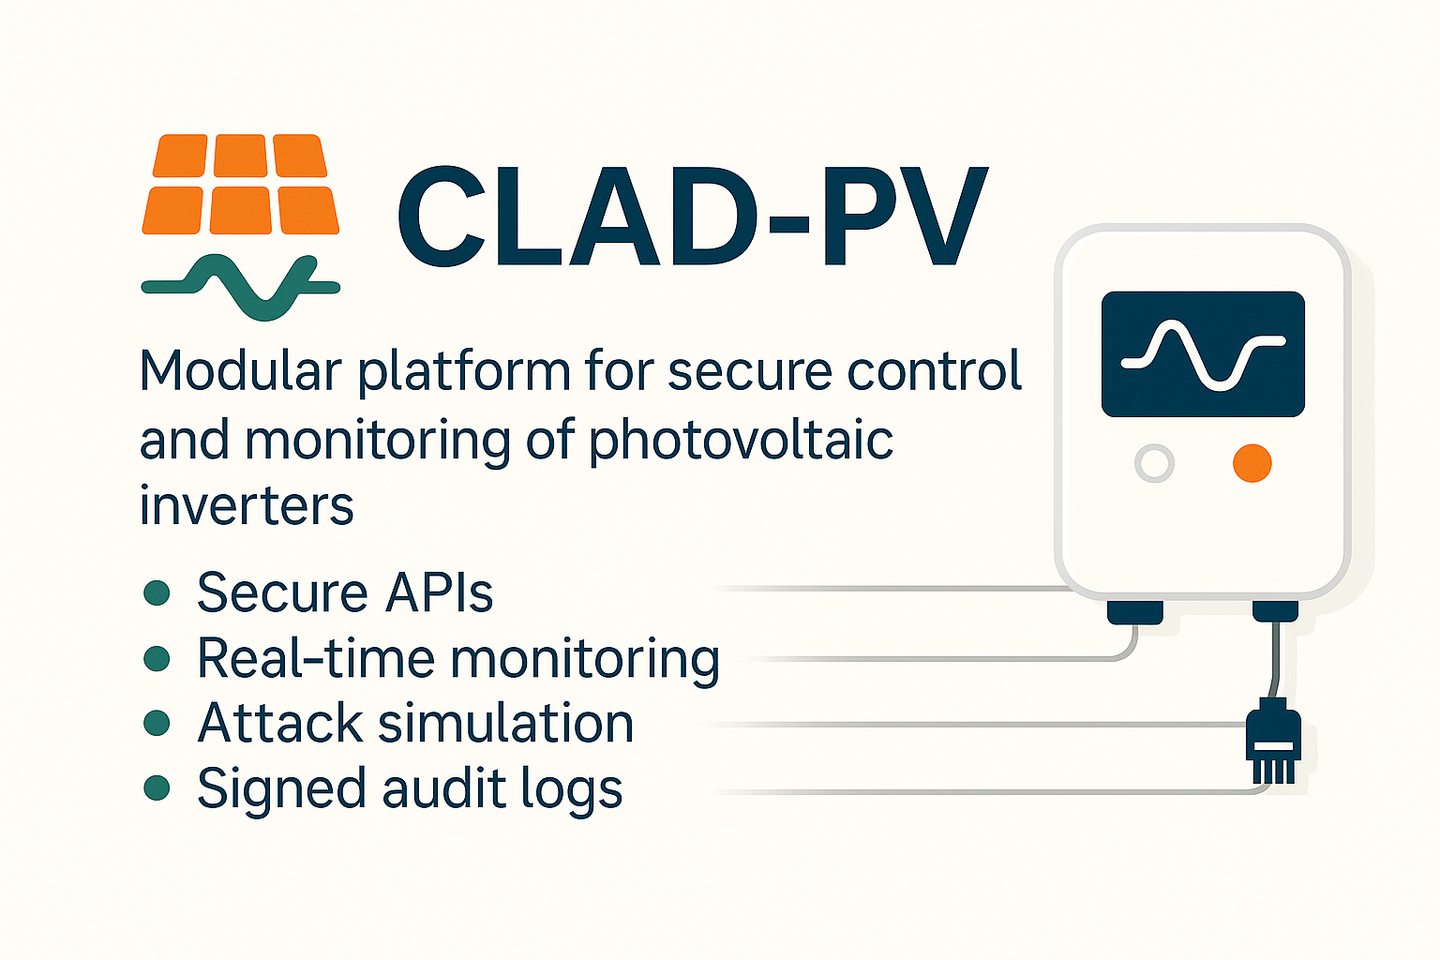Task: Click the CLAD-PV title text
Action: (692, 217)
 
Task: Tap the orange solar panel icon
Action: (240, 184)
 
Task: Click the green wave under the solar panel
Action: (240, 286)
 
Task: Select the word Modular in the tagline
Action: (240, 371)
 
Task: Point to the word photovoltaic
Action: (741, 441)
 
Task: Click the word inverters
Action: (247, 506)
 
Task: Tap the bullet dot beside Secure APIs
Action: (157, 592)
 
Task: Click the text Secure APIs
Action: (345, 592)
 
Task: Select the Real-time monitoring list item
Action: (457, 658)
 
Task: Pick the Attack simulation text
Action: (415, 724)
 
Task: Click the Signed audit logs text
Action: (410, 789)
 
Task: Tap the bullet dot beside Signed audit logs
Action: (157, 788)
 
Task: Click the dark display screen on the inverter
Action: (1203, 354)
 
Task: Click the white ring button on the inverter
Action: (1154, 463)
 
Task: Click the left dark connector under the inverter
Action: (1135, 612)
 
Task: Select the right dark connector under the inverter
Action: (1275, 611)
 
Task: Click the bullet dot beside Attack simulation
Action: (157, 723)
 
